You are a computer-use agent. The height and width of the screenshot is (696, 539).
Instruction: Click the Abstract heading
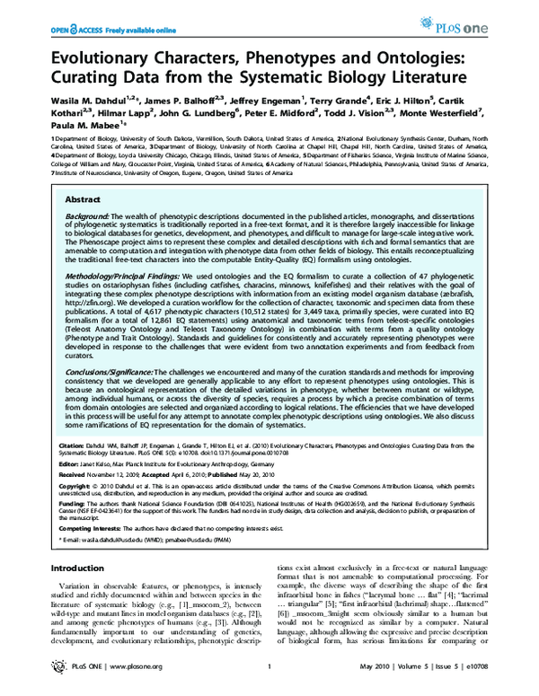click(83, 198)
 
